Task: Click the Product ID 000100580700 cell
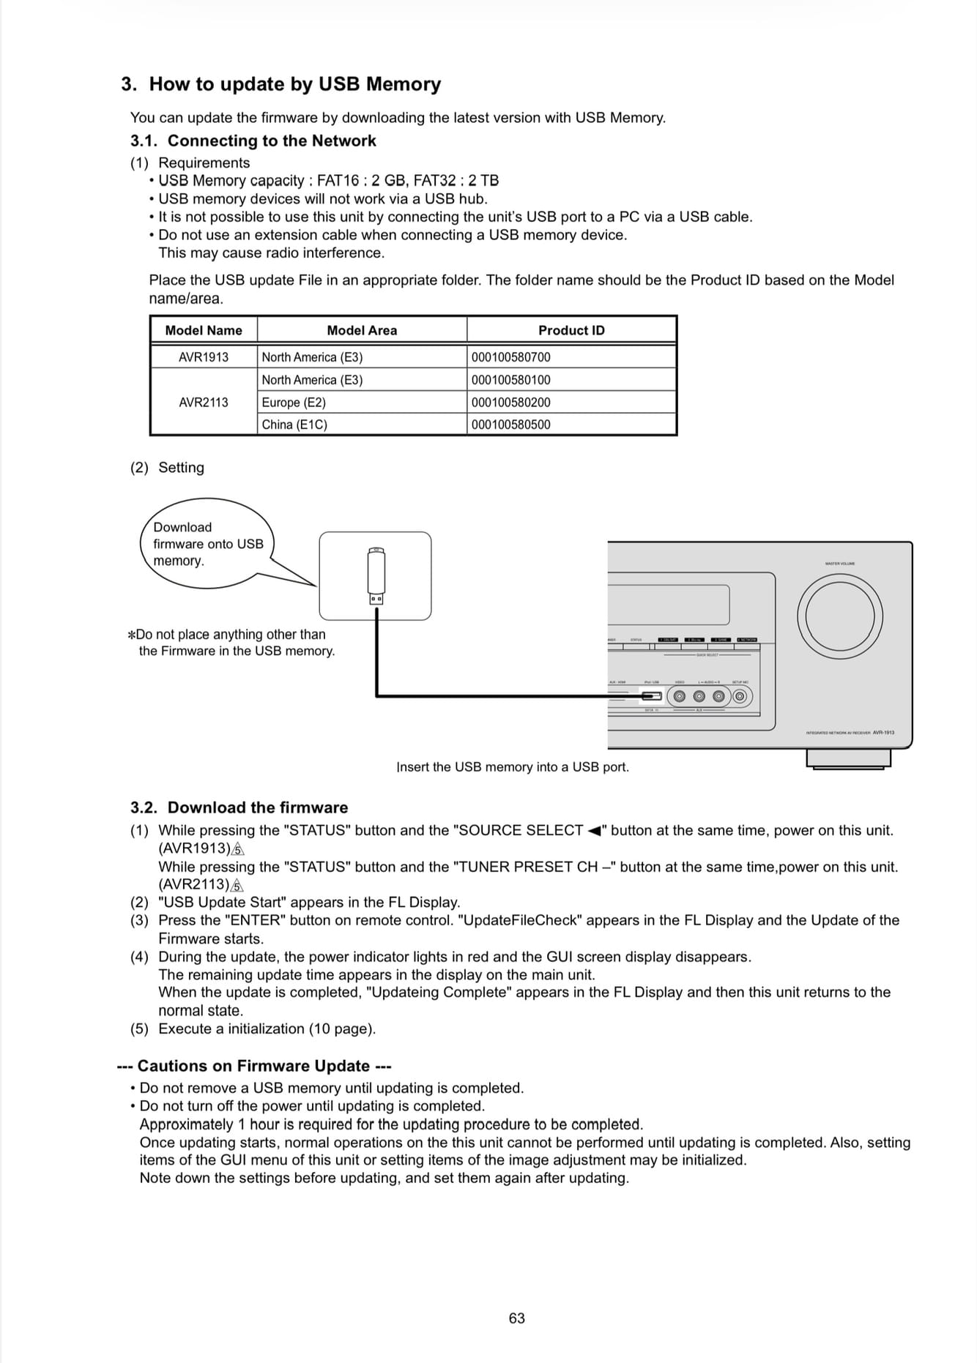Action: point(571,357)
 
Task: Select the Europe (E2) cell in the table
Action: point(362,403)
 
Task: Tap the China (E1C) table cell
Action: point(362,425)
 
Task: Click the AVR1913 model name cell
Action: point(204,357)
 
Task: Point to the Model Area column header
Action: point(362,330)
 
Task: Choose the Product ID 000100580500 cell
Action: point(571,425)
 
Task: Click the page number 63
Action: point(516,1318)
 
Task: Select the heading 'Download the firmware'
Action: point(257,807)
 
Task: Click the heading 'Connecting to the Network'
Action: point(271,141)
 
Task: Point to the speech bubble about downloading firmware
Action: point(207,544)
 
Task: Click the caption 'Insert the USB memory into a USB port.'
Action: point(513,767)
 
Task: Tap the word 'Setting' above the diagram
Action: point(181,468)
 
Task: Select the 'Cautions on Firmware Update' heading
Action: point(254,1066)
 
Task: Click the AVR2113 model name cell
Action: point(204,403)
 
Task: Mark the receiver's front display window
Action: point(668,605)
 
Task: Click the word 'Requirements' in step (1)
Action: point(204,163)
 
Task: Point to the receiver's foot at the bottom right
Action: point(848,760)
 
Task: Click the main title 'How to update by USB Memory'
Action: point(294,84)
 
